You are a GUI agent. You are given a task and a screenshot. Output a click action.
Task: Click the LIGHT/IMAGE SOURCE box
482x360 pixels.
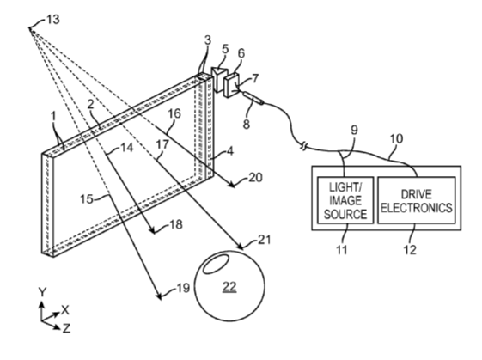(x=345, y=200)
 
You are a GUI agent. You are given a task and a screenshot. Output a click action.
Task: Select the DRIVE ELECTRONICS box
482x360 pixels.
(x=417, y=200)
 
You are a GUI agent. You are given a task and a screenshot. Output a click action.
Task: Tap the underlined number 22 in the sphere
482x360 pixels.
(x=229, y=286)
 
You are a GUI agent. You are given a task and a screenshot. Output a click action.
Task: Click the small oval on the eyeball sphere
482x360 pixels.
(x=216, y=263)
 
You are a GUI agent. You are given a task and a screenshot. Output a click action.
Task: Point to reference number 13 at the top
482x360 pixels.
(x=53, y=20)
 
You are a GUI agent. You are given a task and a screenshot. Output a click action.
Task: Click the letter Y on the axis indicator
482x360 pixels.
(x=42, y=292)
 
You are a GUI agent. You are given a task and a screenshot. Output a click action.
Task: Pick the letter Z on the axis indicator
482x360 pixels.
(x=66, y=328)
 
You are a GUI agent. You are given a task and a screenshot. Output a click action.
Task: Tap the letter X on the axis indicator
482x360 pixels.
(x=65, y=310)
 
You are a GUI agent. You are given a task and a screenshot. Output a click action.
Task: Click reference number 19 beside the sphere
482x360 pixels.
(x=183, y=289)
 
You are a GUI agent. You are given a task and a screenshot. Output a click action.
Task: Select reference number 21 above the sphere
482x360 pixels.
(x=264, y=240)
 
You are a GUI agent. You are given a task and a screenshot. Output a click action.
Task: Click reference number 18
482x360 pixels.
(x=176, y=225)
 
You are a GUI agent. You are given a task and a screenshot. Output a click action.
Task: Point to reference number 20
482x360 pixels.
(x=255, y=177)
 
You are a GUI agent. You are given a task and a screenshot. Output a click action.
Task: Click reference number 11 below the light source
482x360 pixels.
(x=341, y=250)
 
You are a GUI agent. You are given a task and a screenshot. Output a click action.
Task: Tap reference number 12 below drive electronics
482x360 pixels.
(x=410, y=250)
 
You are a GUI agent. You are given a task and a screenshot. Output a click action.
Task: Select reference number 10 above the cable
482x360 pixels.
(x=397, y=139)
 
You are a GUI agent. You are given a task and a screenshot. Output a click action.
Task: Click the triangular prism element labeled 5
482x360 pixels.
(x=219, y=79)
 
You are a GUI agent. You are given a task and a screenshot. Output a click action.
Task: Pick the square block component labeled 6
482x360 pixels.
(x=231, y=85)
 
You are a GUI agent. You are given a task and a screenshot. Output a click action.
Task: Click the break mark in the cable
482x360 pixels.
(x=303, y=147)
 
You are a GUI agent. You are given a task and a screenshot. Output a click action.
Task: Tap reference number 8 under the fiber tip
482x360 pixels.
(x=247, y=125)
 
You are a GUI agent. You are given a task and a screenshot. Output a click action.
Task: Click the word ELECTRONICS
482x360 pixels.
(x=417, y=208)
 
